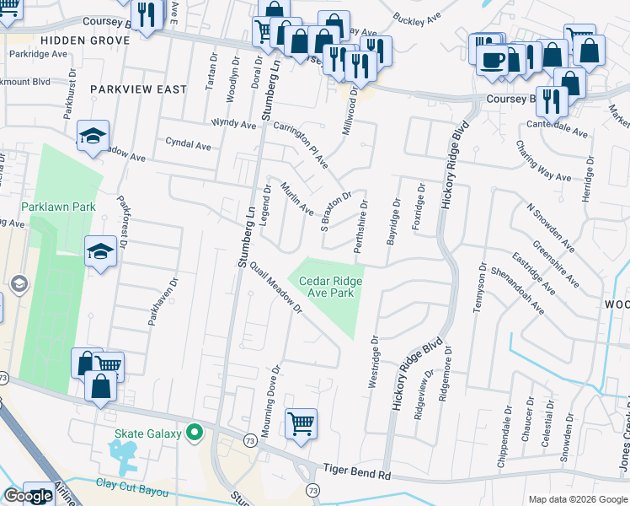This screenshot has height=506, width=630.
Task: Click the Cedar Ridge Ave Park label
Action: (328, 287)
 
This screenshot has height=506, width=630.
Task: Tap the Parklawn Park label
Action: (58, 207)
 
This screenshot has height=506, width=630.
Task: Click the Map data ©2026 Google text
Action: (577, 499)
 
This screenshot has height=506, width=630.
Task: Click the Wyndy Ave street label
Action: (233, 124)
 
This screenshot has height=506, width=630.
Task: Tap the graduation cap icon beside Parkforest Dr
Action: (100, 250)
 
